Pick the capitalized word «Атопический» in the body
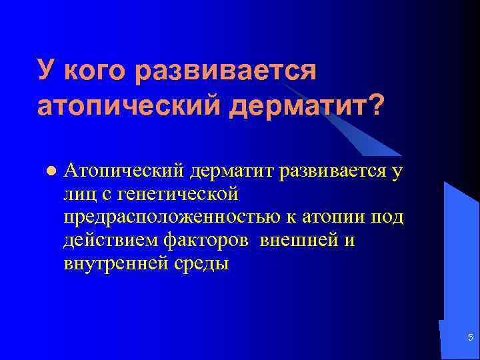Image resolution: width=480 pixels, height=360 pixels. pyautogui.click(x=124, y=171)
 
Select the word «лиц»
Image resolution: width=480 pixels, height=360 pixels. pyautogui.click(x=78, y=195)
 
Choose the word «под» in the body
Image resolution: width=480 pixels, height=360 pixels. pyautogui.click(x=389, y=217)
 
